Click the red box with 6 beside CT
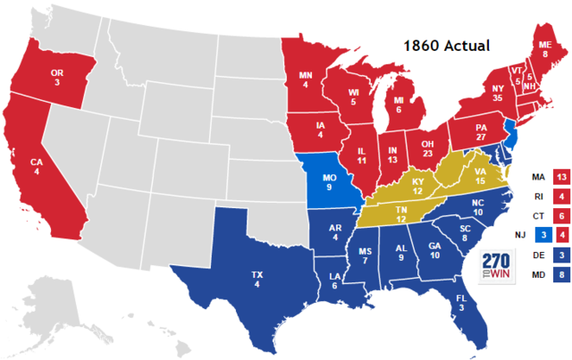pos(561,215)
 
